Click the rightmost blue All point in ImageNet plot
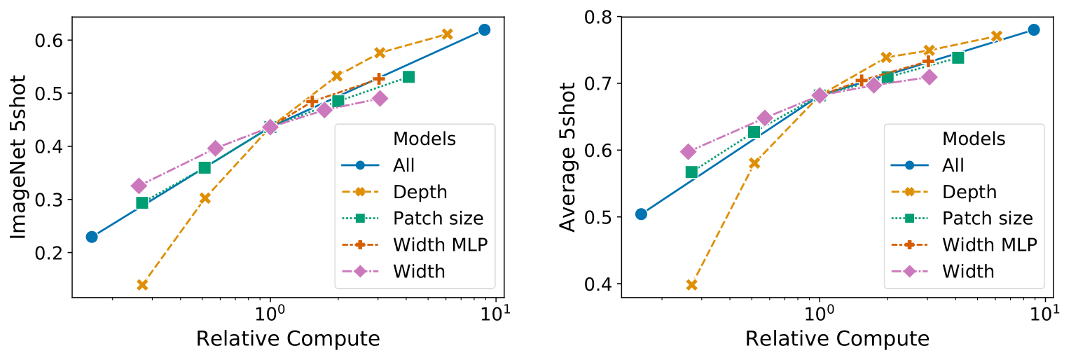pos(484,29)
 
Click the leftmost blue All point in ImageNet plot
pos(92,237)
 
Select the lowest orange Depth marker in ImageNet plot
pos(142,285)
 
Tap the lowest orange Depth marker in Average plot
pos(691,285)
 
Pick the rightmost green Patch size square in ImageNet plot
pos(408,76)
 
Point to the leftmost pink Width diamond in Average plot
pos(688,151)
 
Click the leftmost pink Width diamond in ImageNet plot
pos(139,186)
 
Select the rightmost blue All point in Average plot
pos(1033,29)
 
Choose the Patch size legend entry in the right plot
pos(988,218)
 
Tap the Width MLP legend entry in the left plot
pos(439,244)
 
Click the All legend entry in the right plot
pos(953,165)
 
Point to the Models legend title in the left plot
pos(424,139)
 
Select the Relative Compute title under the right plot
pos(837,339)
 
